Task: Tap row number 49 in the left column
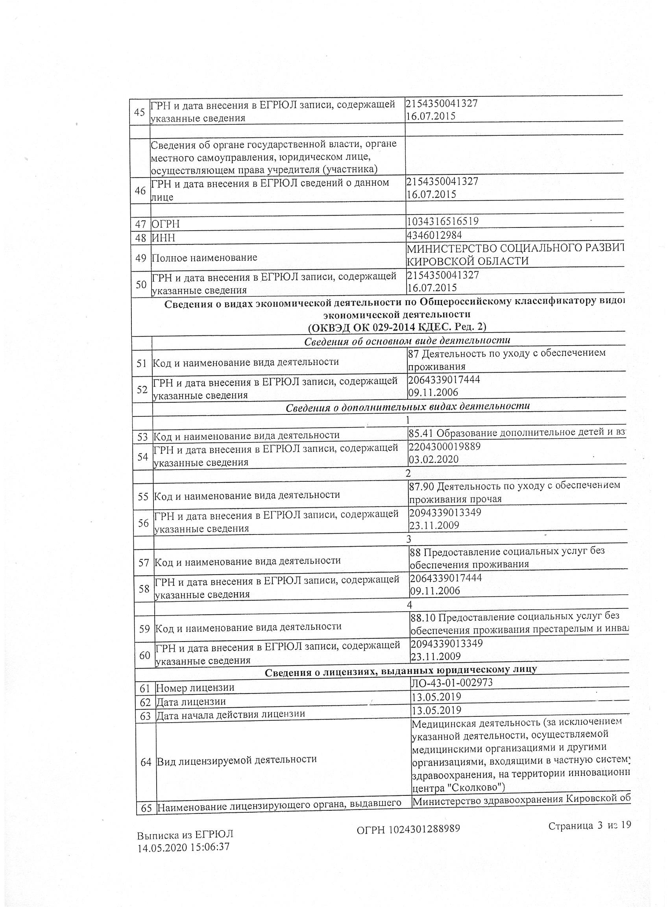(x=140, y=257)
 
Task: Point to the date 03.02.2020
(x=434, y=459)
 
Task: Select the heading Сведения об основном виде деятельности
(x=407, y=341)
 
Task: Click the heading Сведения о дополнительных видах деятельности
(x=408, y=407)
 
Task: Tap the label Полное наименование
(x=204, y=257)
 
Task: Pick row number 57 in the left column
(x=144, y=563)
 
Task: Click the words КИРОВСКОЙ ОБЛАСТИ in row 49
(x=468, y=261)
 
